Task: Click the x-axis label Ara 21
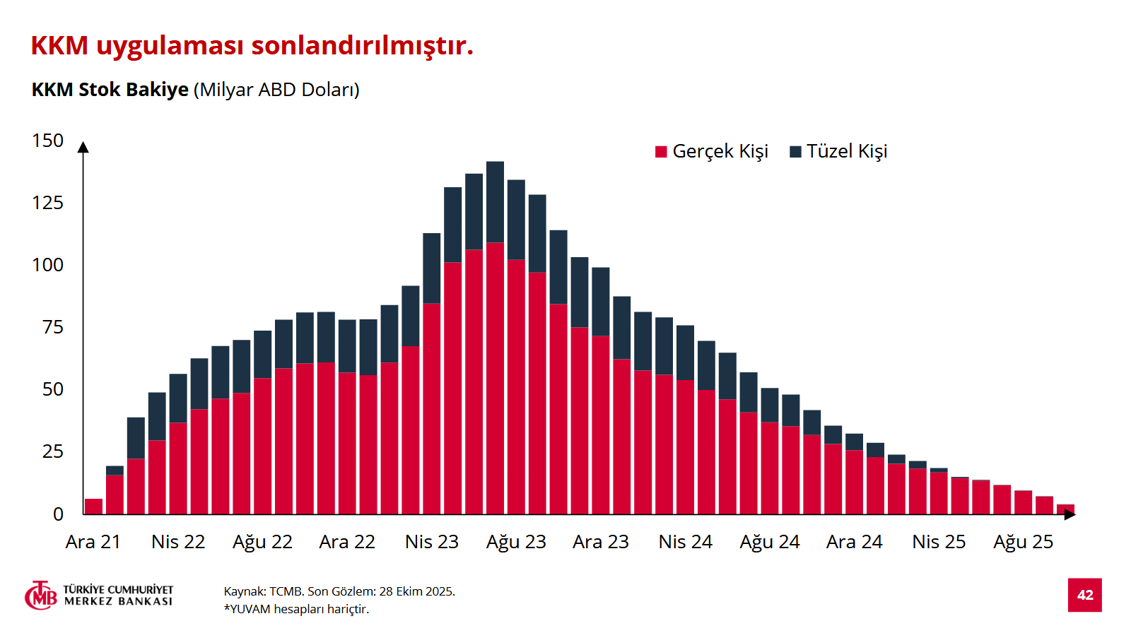[93, 542]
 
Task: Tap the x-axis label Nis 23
[431, 542]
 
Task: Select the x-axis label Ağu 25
[1023, 542]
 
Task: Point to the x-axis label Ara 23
[600, 542]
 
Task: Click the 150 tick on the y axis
[48, 141]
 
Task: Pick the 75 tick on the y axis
[53, 327]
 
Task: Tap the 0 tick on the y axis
[59, 514]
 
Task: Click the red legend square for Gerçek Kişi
[662, 152]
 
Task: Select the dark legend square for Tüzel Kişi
[795, 152]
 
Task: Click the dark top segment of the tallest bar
[495, 202]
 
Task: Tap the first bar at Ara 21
[93, 507]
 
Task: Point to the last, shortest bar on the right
[1065, 509]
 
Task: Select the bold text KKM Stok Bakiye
[110, 90]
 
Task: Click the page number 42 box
[1084, 595]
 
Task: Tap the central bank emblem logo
[41, 596]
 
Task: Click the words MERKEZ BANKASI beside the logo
[118, 601]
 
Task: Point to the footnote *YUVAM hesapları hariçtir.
[296, 609]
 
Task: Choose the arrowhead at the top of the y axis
[83, 147]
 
